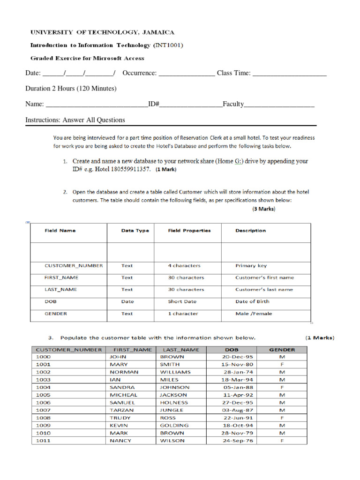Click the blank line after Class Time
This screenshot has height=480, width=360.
[289, 74]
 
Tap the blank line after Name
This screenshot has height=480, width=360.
[97, 105]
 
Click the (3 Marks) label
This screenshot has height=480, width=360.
[263, 209]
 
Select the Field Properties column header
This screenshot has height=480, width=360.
[189, 231]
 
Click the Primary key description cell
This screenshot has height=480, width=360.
[251, 266]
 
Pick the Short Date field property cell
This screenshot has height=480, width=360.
[182, 302]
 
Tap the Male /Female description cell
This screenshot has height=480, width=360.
[254, 314]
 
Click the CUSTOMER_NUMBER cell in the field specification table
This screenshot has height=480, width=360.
[74, 266]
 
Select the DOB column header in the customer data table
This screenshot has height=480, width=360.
[232, 350]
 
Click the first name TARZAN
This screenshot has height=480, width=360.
[121, 410]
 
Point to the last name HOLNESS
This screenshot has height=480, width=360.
[174, 403]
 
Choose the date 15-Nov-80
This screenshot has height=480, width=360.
[238, 364]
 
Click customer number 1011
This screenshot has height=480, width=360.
[43, 441]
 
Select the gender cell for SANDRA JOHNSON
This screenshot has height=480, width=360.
[282, 388]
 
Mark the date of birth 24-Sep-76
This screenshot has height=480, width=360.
[238, 441]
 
